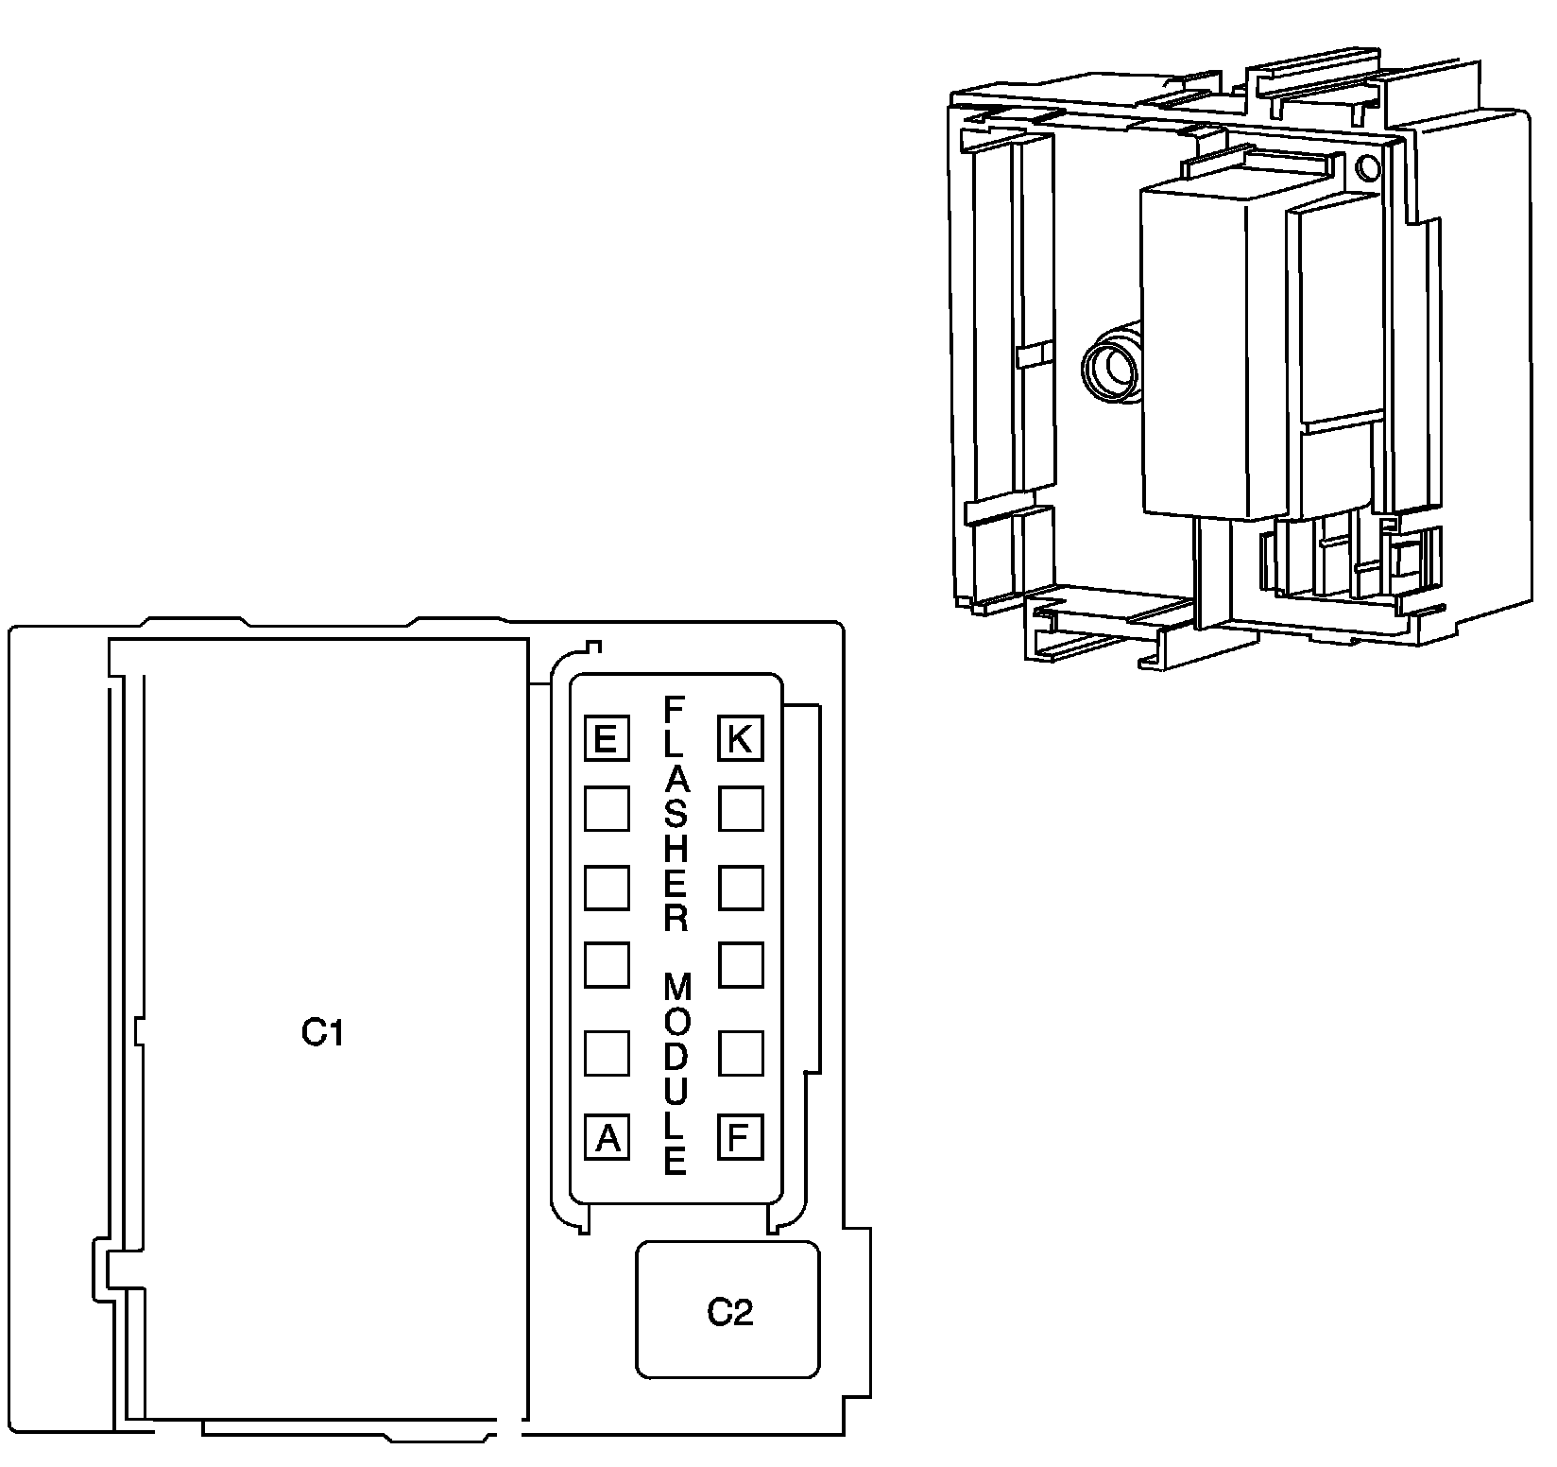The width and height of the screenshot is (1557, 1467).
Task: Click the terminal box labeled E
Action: click(607, 738)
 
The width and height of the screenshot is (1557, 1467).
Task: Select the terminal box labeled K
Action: click(741, 738)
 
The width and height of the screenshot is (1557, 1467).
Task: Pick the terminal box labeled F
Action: click(741, 1137)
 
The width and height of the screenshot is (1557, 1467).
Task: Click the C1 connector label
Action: click(322, 1033)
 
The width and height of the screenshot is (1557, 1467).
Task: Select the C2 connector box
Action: click(727, 1310)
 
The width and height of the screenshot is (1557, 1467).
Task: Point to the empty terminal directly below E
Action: click(607, 809)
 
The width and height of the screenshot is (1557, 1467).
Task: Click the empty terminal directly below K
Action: click(741, 809)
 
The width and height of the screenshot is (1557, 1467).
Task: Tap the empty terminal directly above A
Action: click(607, 1053)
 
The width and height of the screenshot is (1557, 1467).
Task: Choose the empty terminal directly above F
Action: click(741, 1053)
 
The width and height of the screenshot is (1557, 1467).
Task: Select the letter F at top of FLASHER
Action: click(675, 708)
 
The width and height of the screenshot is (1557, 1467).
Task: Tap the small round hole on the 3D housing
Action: click(1366, 169)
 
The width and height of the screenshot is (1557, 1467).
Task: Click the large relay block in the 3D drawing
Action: click(1209, 350)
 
